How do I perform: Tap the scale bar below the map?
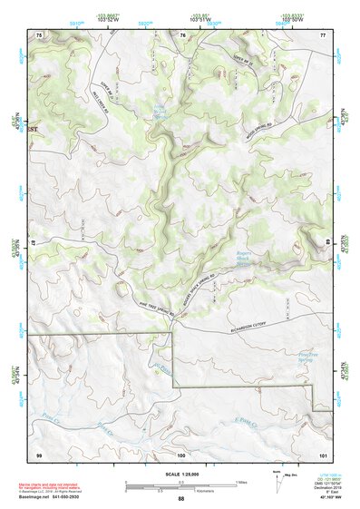pyautogui.click(x=181, y=486)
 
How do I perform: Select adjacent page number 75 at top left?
pyautogui.click(x=38, y=34)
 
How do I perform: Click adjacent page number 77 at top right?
pyautogui.click(x=323, y=34)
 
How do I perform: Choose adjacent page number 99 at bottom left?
pyautogui.click(x=38, y=453)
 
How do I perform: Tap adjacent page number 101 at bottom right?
pyautogui.click(x=322, y=453)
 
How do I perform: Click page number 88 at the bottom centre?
pyautogui.click(x=180, y=499)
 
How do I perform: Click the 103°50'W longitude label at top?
pyautogui.click(x=291, y=19)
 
